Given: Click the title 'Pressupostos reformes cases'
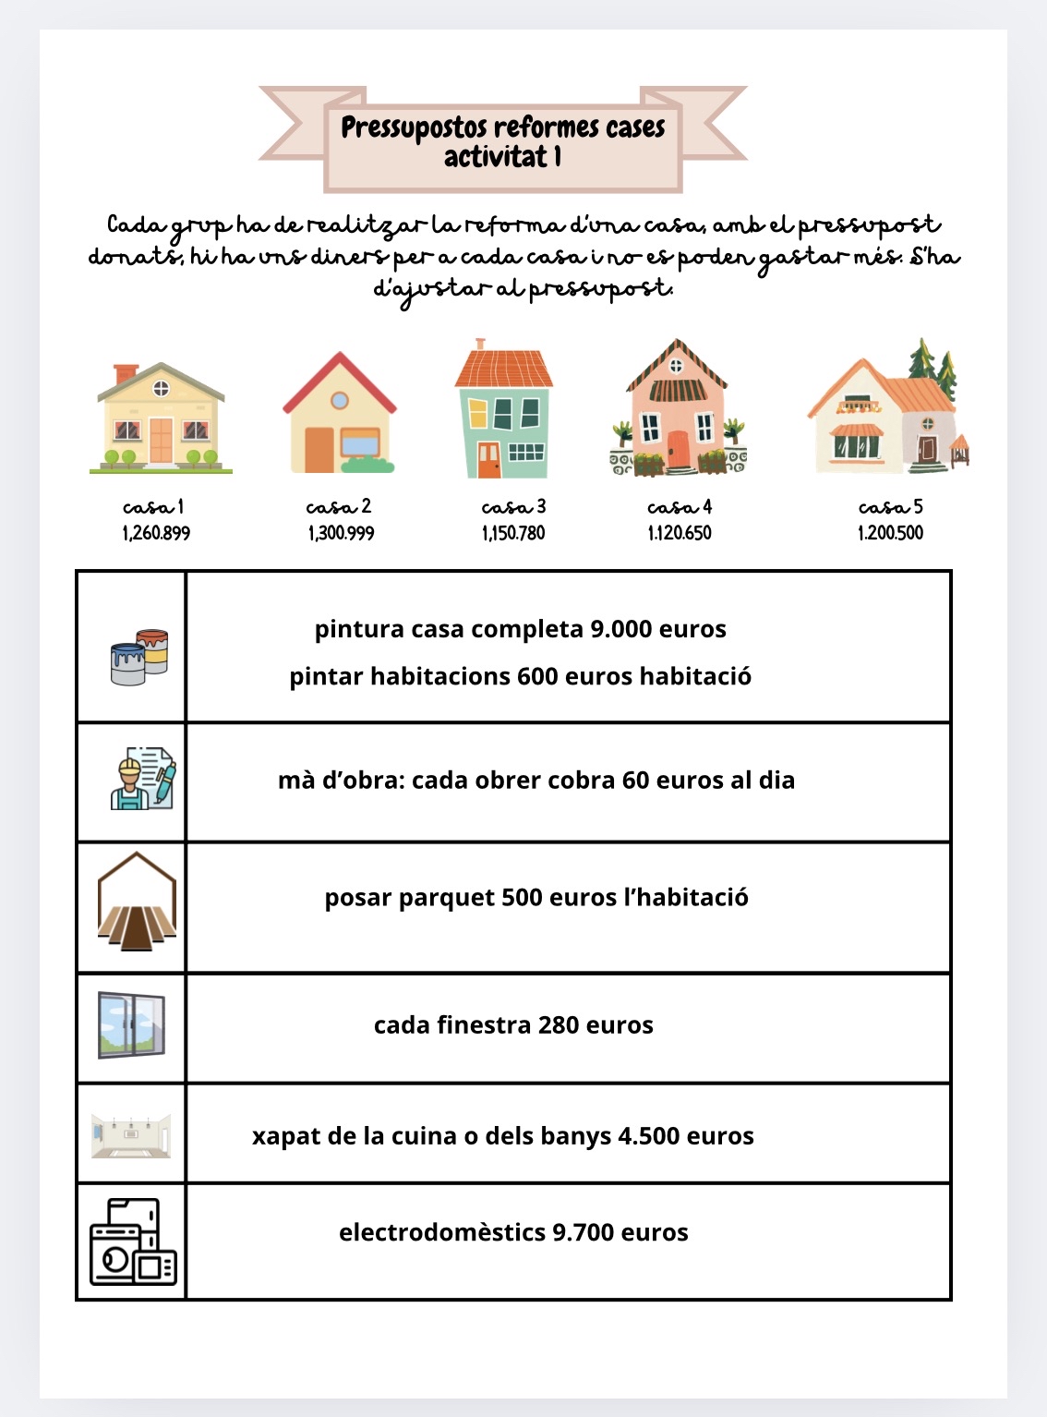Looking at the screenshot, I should coord(503,127).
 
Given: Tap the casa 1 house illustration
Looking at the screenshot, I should coord(161,418).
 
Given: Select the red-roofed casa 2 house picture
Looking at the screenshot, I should coord(340,415).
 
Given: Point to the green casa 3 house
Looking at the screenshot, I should coord(504,411).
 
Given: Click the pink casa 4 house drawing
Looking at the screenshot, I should coord(678,409).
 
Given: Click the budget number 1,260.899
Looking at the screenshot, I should coord(156,533).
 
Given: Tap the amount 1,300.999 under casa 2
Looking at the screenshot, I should coord(341,533).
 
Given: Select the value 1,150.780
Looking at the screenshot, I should coord(513,533).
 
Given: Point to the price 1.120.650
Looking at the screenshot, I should coord(680,533).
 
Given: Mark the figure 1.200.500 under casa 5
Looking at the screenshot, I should coord(890,533).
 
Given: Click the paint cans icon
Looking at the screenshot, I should coord(138,657).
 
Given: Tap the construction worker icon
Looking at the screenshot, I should coord(142,779).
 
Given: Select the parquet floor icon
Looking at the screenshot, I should coord(137,902).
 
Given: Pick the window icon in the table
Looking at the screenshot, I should coord(132,1025).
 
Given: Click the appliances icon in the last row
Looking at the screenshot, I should coord(133,1241).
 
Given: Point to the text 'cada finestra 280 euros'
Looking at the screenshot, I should coord(513,1025).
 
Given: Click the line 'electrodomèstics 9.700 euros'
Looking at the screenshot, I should coord(513,1232).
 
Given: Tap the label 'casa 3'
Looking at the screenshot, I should coord(513,506).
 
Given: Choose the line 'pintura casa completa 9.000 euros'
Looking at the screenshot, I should coord(521,629).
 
